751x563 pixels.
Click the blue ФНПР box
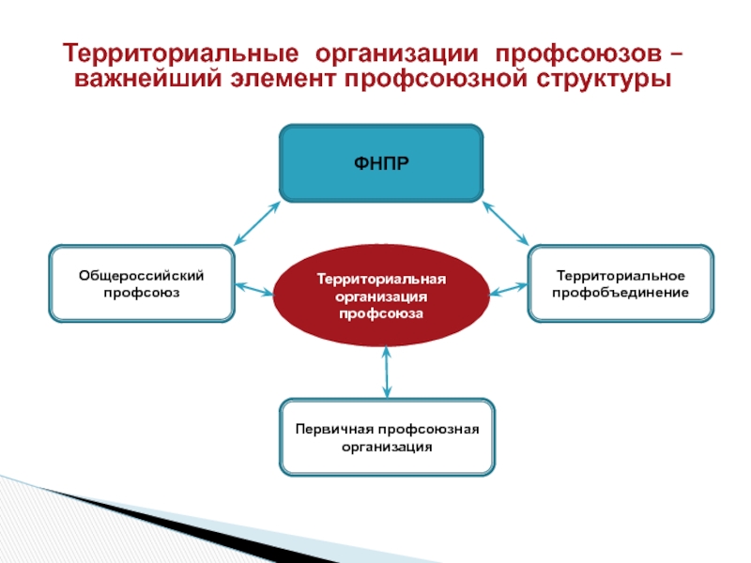(x=382, y=163)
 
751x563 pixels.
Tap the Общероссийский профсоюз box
(x=141, y=283)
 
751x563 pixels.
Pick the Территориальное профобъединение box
(x=621, y=283)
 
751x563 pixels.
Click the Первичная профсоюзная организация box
(x=388, y=437)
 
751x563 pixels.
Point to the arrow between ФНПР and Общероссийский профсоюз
(x=255, y=223)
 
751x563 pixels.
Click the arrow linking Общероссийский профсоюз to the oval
(x=253, y=287)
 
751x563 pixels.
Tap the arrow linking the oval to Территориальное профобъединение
(x=509, y=288)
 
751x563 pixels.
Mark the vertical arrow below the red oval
(x=386, y=372)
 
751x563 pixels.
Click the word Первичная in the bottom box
(x=329, y=430)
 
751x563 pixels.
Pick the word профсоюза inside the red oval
(x=382, y=312)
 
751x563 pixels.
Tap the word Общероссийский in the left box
(x=141, y=275)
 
